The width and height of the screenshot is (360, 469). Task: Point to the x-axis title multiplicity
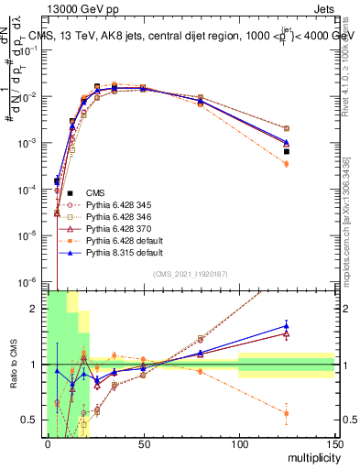point(307,461)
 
